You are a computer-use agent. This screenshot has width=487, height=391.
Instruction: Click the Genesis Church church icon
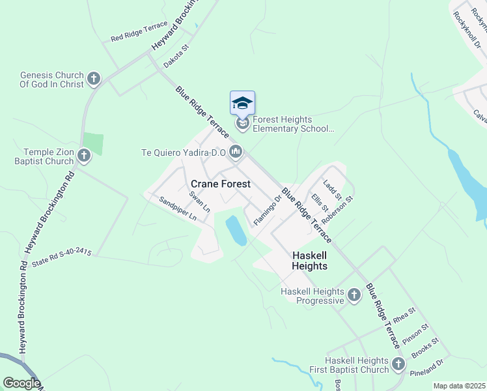(x=94, y=80)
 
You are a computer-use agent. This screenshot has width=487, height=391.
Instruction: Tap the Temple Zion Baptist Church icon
(x=84, y=156)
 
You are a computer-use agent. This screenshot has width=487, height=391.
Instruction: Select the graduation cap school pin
(x=242, y=104)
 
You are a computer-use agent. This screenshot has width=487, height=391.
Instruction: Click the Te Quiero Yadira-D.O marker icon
(x=236, y=152)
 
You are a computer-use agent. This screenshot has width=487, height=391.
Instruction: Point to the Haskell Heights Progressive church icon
(x=354, y=296)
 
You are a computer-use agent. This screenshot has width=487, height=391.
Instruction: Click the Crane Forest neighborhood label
(x=220, y=184)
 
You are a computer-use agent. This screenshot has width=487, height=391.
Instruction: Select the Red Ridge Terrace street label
(x=139, y=31)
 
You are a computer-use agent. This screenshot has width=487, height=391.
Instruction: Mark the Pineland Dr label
(x=426, y=368)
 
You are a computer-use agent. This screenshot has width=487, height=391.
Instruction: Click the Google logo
(x=21, y=383)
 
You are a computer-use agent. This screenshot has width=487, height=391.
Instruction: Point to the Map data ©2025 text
(x=459, y=386)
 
